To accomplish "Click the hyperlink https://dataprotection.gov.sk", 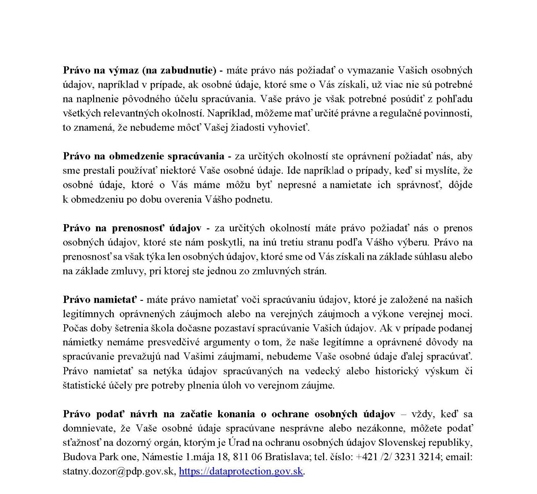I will (241, 471).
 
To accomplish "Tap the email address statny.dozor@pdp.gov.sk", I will (118, 471).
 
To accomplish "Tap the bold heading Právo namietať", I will (100, 300).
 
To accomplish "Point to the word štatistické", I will (83, 385).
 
